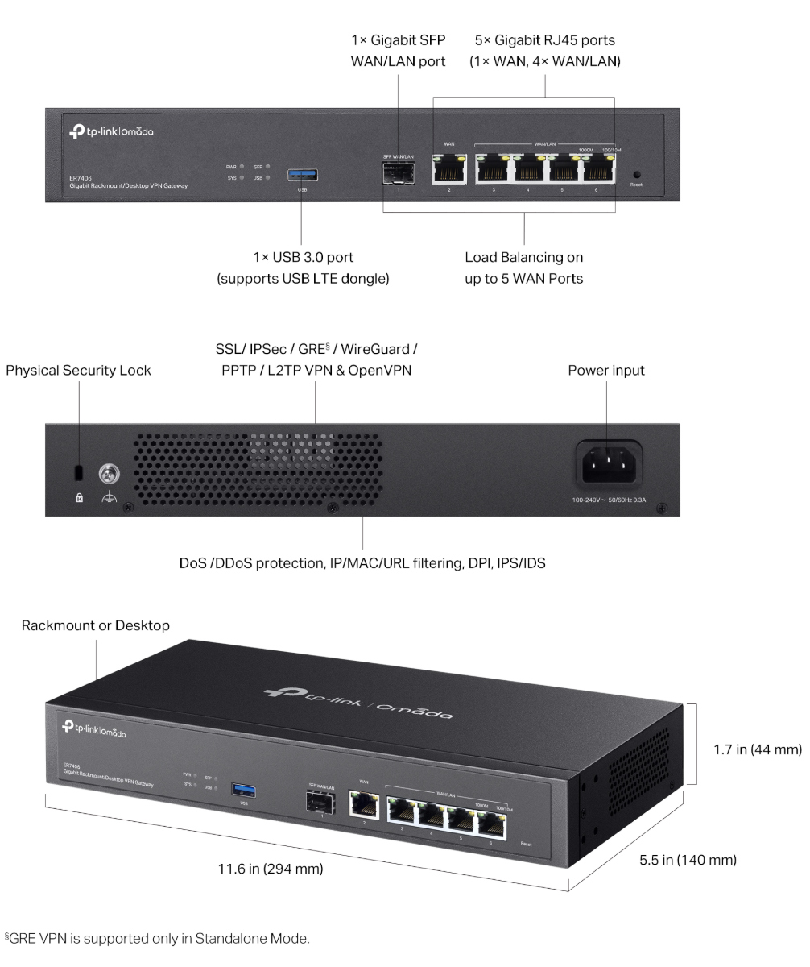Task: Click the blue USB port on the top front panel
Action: pyautogui.click(x=302, y=174)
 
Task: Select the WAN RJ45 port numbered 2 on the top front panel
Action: pyautogui.click(x=449, y=168)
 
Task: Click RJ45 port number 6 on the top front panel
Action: pyautogui.click(x=597, y=168)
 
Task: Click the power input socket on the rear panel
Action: pyautogui.click(x=607, y=463)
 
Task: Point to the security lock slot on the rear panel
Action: pyautogui.click(x=79, y=471)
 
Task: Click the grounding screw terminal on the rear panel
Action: pyautogui.click(x=108, y=473)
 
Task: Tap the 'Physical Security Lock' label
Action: pyautogui.click(x=78, y=371)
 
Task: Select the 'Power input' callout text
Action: pyautogui.click(x=606, y=371)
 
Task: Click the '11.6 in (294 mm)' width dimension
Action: pyautogui.click(x=271, y=869)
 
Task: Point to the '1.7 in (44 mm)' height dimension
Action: pyautogui.click(x=757, y=749)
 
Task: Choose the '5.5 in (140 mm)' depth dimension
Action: pyautogui.click(x=688, y=860)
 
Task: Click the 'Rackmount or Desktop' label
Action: pyautogui.click(x=96, y=625)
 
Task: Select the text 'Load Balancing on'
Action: pyautogui.click(x=524, y=258)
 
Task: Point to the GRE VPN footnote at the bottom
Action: pyautogui.click(x=157, y=939)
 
